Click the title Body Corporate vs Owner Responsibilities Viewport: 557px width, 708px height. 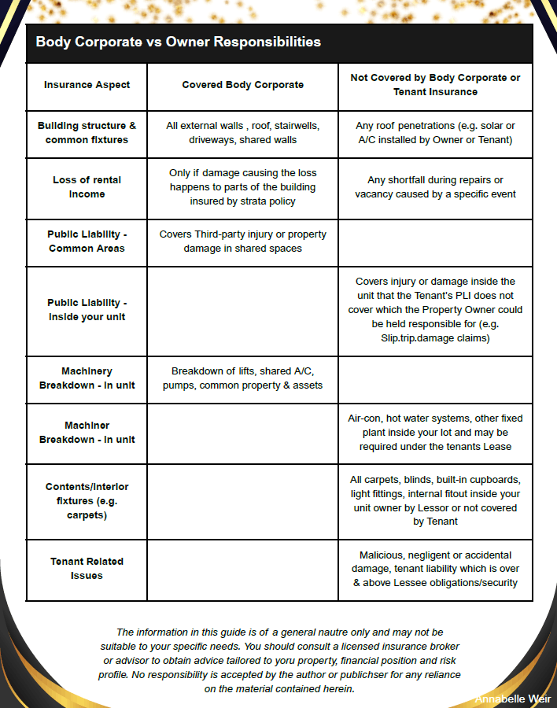[x=178, y=42]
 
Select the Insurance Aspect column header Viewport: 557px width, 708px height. [x=87, y=85]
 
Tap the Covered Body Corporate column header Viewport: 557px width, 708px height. [x=242, y=85]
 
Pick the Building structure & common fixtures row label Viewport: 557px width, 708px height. [x=87, y=133]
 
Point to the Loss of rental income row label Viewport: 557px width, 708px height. [x=87, y=186]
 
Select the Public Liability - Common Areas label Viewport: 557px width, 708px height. [x=87, y=242]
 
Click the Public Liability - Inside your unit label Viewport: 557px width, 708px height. [x=87, y=309]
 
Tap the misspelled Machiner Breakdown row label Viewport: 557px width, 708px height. [x=87, y=432]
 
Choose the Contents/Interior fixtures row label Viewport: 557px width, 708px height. [x=87, y=500]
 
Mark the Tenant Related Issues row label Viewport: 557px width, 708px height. [x=87, y=568]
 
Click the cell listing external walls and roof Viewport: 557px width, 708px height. [x=242, y=133]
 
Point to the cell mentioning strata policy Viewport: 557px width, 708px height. [x=242, y=186]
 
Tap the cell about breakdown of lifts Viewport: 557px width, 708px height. [x=242, y=378]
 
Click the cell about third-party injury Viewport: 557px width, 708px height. [x=242, y=242]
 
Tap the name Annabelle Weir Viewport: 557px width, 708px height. [x=512, y=699]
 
